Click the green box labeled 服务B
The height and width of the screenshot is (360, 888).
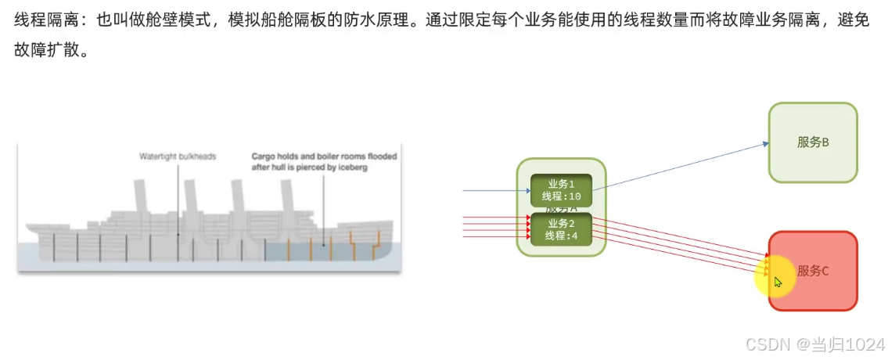(813, 142)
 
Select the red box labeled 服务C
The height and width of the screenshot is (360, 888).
(814, 271)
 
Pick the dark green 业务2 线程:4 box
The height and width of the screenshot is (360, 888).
(561, 229)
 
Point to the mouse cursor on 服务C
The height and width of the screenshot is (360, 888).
(777, 282)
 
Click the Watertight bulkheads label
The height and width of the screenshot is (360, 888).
(178, 157)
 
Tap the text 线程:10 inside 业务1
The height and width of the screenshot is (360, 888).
(561, 196)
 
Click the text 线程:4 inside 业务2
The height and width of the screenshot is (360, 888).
(561, 236)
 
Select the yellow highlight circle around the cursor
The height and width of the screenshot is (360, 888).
(775, 276)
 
